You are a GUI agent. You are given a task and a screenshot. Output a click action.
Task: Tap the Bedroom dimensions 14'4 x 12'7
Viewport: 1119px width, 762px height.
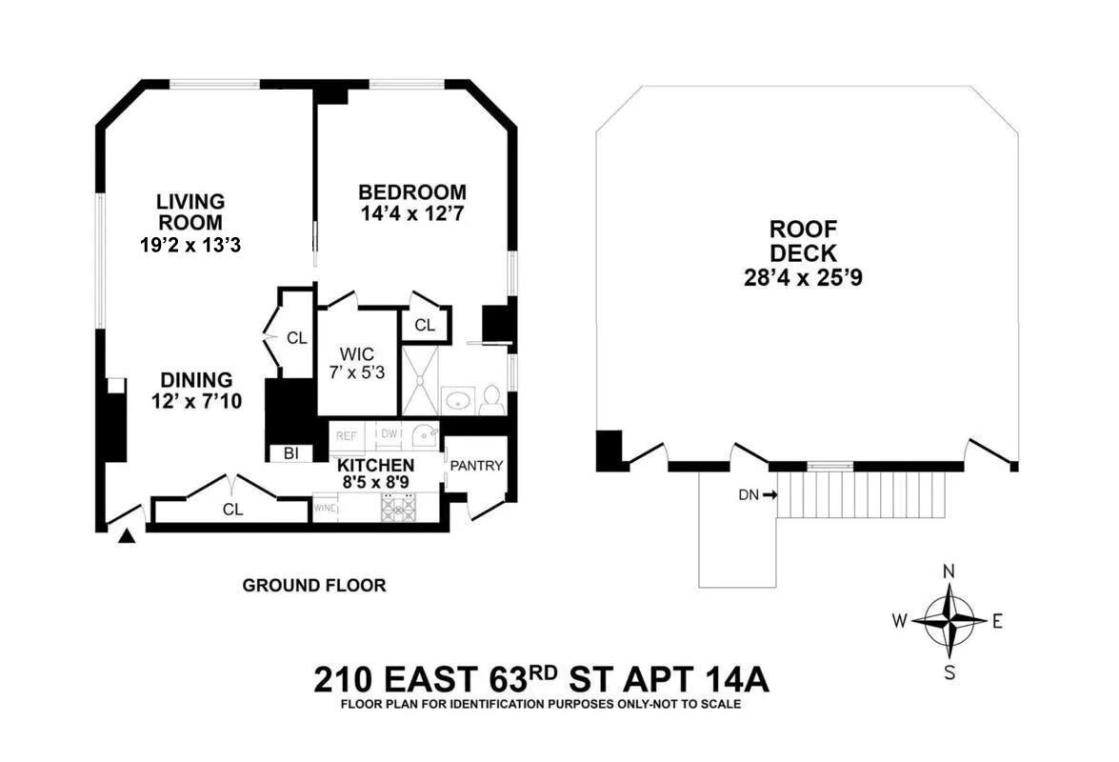tap(412, 212)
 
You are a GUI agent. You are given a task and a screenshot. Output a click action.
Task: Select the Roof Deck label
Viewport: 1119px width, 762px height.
tap(803, 241)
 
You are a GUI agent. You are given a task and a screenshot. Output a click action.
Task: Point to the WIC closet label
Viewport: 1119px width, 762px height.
tap(356, 354)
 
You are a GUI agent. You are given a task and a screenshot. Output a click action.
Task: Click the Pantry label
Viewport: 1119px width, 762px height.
tap(476, 466)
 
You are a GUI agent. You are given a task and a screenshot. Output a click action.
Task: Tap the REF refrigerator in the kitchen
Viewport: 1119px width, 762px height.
tap(346, 436)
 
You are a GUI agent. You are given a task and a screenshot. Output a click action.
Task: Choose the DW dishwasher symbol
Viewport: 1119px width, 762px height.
tap(390, 434)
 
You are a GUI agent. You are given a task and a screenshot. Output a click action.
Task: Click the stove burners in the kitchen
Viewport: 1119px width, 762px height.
tap(399, 508)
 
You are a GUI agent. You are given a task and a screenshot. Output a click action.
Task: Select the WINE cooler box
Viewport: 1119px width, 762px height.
tap(325, 509)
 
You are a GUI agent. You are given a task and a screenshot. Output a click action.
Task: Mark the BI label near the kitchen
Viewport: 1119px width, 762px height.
tap(290, 453)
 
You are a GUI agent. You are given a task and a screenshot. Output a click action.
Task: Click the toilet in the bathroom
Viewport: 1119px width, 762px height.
tap(490, 399)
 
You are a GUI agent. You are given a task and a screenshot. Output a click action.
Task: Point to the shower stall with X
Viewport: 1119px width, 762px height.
tap(420, 380)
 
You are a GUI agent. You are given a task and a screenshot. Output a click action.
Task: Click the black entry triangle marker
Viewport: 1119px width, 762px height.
tap(127, 536)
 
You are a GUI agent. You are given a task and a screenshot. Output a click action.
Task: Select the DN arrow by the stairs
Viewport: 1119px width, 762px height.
tap(769, 493)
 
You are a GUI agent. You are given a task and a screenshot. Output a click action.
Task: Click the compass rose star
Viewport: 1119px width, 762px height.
tap(949, 621)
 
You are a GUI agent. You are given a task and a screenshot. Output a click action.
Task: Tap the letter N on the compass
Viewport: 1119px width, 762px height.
tap(949, 571)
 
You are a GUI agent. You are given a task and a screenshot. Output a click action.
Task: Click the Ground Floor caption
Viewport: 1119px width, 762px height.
tap(314, 586)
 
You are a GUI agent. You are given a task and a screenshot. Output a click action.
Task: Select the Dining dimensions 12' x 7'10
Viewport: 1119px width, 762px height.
tap(196, 402)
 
